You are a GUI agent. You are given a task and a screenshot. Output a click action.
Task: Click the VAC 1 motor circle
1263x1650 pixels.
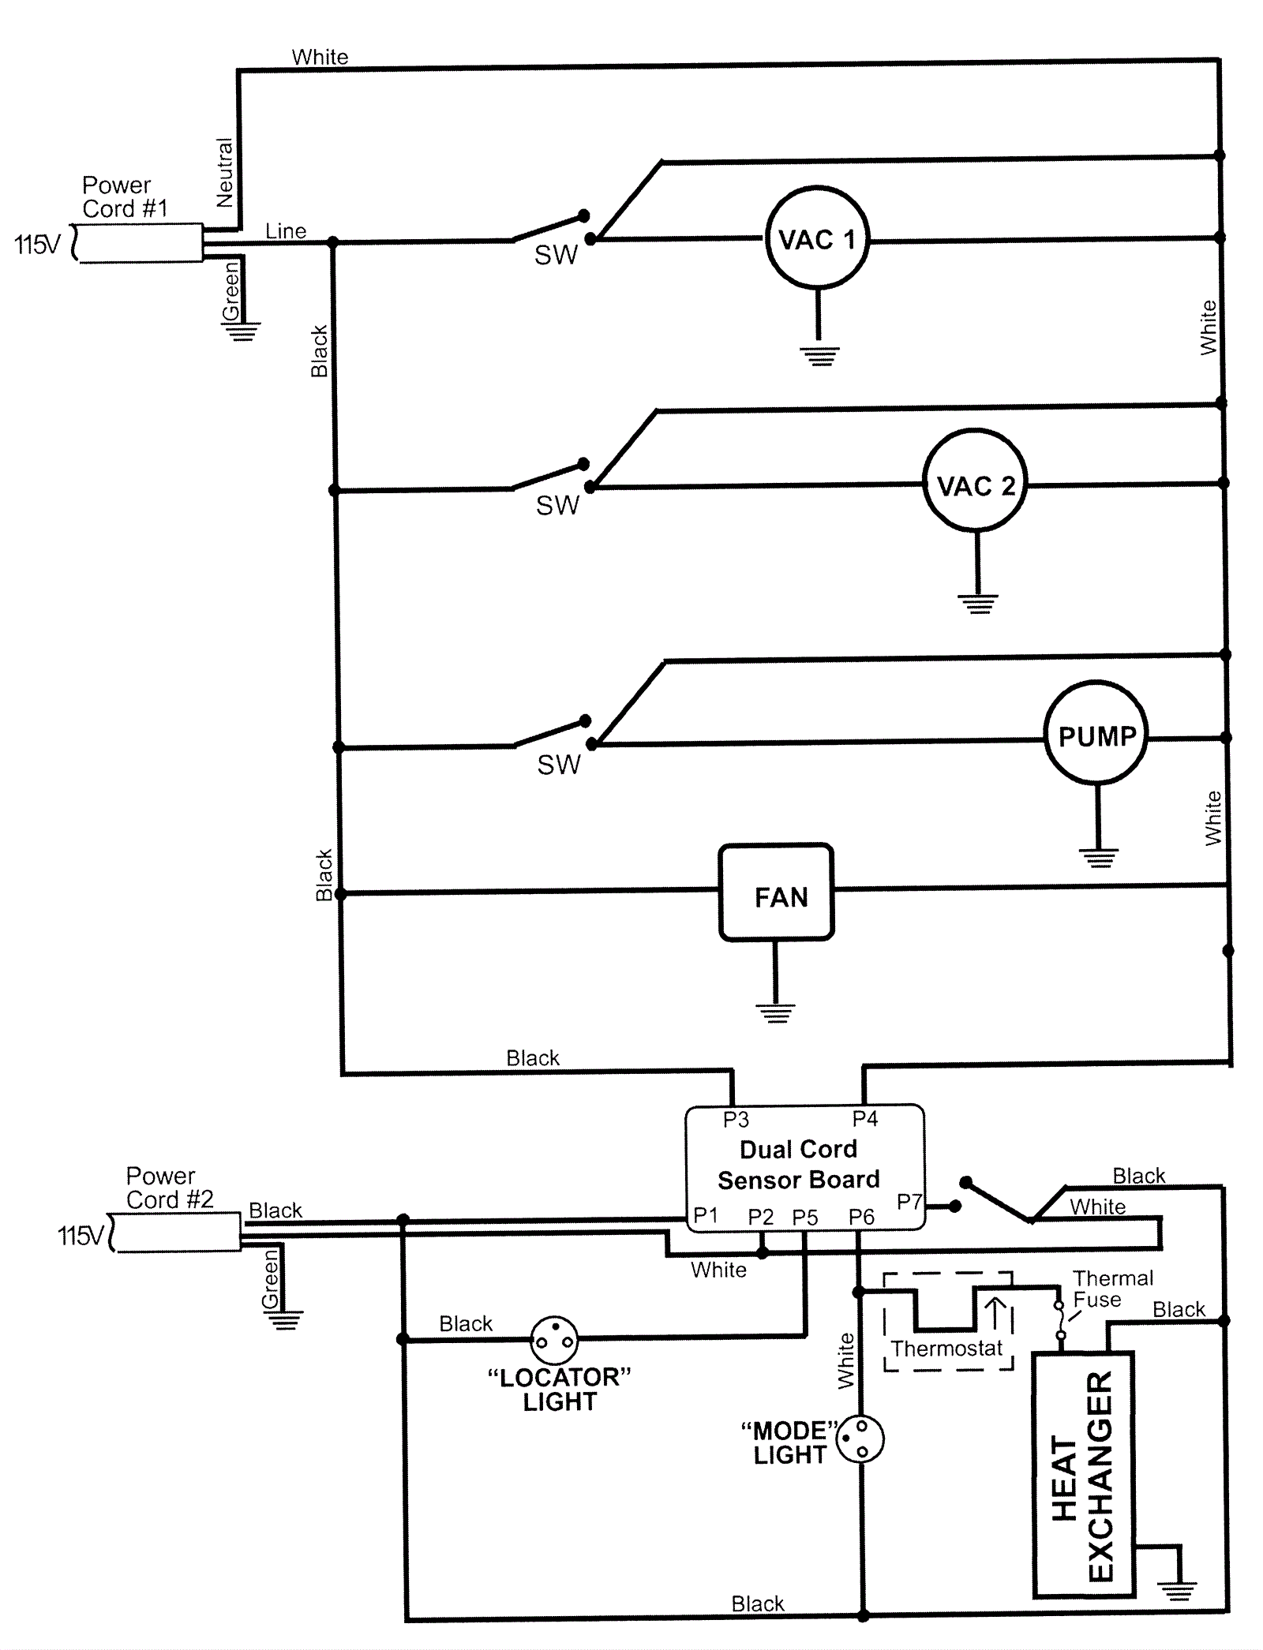tap(817, 238)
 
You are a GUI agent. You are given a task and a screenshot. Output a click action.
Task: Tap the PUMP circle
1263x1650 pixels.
tap(1096, 734)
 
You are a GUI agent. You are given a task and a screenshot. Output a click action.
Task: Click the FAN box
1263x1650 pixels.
tap(776, 892)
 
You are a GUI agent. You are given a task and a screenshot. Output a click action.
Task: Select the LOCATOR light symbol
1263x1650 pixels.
tap(554, 1339)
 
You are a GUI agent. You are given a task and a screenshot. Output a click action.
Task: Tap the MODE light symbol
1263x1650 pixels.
tap(860, 1438)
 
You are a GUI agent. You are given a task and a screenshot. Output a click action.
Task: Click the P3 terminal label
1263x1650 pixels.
tap(736, 1119)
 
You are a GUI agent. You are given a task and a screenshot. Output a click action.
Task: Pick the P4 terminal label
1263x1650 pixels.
tap(865, 1118)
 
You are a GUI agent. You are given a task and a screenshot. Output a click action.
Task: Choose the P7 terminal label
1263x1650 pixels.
tap(909, 1201)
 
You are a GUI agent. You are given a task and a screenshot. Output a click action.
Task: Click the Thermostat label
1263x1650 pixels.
tap(946, 1348)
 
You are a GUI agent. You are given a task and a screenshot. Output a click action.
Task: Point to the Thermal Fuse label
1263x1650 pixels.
tap(1111, 1289)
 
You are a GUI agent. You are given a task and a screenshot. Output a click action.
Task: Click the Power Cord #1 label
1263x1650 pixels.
tap(124, 196)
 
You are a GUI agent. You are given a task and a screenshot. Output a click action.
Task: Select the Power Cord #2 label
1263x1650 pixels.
tap(169, 1188)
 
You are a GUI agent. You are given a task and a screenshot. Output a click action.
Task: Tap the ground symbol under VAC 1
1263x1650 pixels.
tap(820, 356)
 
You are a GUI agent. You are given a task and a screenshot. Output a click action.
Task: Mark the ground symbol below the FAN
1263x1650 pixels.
tap(776, 1012)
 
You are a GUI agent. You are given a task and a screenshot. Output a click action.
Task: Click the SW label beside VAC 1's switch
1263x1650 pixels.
tap(556, 255)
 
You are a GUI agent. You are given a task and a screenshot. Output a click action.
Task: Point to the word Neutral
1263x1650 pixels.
tap(225, 173)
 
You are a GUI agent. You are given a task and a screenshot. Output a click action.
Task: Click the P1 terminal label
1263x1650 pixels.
tap(706, 1215)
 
